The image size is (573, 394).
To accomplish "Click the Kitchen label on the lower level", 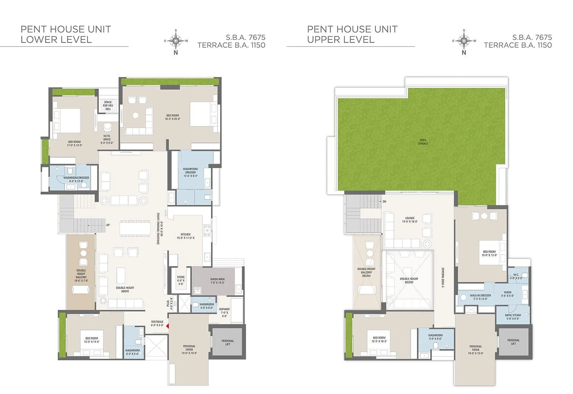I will point(186,236).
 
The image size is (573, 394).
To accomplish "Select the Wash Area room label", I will point(217,281).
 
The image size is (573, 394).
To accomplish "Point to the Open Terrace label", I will point(423,142).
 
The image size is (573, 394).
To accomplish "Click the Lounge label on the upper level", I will point(410,220).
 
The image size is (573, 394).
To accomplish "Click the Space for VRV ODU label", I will point(108,105).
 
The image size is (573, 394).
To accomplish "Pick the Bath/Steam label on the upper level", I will point(513,317).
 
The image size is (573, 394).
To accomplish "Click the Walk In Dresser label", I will point(480,297).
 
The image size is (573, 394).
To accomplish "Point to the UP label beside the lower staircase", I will point(108,225).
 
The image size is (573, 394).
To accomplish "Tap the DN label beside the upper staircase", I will point(384,202).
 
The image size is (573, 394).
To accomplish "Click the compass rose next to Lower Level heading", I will point(176,41).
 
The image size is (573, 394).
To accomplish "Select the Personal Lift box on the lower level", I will point(228,342).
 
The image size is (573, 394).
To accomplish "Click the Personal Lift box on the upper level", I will point(513,342).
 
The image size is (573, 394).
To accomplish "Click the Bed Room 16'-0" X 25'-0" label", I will point(173,117).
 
